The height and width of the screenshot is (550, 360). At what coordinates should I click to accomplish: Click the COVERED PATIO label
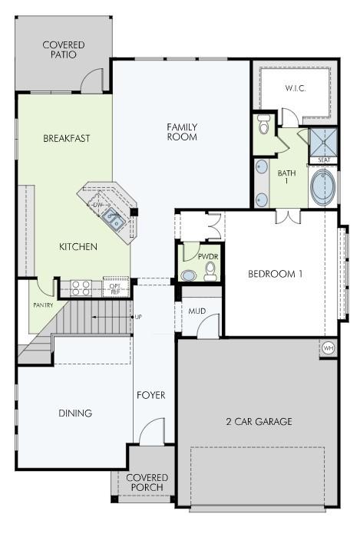tap(64, 50)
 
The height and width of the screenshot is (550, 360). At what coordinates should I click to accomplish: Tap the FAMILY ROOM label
tap(182, 132)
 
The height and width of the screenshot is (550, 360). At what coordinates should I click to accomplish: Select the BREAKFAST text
tap(67, 138)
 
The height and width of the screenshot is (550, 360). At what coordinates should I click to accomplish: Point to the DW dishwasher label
tap(97, 205)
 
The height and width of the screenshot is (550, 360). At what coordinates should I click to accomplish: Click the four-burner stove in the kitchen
tap(81, 288)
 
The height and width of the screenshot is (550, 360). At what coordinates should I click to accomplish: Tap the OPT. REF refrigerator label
tap(115, 288)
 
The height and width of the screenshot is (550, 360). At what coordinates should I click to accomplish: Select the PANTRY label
tap(43, 305)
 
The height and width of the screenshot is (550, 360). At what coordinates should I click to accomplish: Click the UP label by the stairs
tap(138, 317)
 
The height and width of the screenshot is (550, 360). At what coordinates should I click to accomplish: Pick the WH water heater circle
tap(328, 348)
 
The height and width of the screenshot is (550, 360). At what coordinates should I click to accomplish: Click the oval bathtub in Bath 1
tap(322, 188)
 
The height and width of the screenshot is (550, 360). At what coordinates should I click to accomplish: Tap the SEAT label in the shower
tap(324, 160)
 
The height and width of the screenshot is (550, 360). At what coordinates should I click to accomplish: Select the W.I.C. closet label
tap(296, 88)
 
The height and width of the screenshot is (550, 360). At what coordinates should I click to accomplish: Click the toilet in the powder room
tap(210, 272)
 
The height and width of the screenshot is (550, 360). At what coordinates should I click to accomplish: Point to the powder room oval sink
tap(189, 275)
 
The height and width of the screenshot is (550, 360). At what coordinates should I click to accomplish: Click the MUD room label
tap(197, 311)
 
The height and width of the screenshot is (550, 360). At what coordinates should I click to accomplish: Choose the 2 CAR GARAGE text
tap(259, 421)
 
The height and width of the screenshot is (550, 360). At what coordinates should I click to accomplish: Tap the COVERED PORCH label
tap(147, 482)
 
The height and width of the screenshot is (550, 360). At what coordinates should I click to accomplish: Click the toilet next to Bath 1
tap(263, 124)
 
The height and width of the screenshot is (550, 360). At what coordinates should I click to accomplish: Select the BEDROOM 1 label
tap(275, 274)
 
